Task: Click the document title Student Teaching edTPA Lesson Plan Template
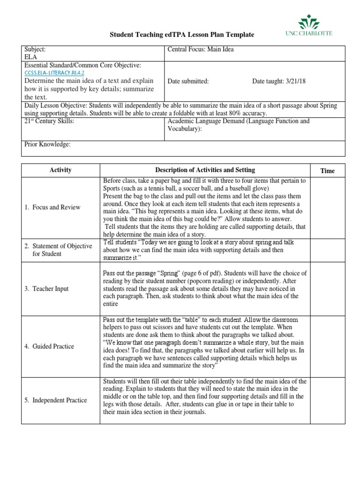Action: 182,35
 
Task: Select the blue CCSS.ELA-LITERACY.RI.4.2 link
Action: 54,73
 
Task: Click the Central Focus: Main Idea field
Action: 200,49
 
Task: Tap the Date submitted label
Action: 188,81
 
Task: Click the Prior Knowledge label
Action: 47,144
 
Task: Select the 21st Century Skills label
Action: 49,121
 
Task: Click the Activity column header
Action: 60,170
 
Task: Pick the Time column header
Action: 328,171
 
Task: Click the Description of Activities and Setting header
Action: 205,170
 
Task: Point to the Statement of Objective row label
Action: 58,250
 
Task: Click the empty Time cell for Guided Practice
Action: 328,346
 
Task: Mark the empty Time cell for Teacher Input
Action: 328,289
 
